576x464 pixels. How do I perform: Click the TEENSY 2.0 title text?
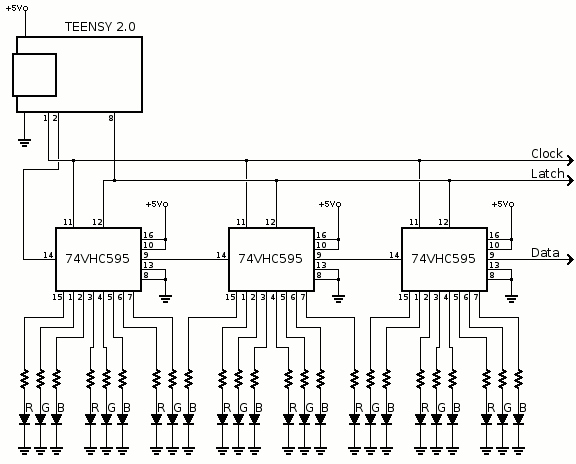point(100,27)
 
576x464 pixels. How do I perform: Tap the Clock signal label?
point(547,154)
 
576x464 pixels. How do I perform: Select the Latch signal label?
point(547,173)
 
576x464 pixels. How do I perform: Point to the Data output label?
point(545,253)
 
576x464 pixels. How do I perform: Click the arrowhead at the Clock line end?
point(570,161)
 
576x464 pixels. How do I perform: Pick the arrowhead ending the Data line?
point(570,259)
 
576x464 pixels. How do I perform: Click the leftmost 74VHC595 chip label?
point(97,259)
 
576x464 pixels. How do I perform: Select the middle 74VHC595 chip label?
point(270,259)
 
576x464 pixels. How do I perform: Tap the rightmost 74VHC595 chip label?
point(443,259)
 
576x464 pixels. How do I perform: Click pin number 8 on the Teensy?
point(111,118)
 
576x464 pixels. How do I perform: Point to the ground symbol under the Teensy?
point(25,143)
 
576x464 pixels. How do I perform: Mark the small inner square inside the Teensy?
point(35,75)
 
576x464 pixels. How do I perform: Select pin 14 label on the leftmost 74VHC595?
point(48,255)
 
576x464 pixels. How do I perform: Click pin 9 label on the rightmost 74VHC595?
point(492,255)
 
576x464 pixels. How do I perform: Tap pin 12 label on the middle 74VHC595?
point(270,222)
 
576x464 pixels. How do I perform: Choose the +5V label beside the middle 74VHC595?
point(330,204)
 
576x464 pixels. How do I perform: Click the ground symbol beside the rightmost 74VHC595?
point(511,298)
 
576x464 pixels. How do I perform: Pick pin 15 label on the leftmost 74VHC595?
point(57,297)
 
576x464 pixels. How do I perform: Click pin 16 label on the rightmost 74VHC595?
point(494,235)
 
